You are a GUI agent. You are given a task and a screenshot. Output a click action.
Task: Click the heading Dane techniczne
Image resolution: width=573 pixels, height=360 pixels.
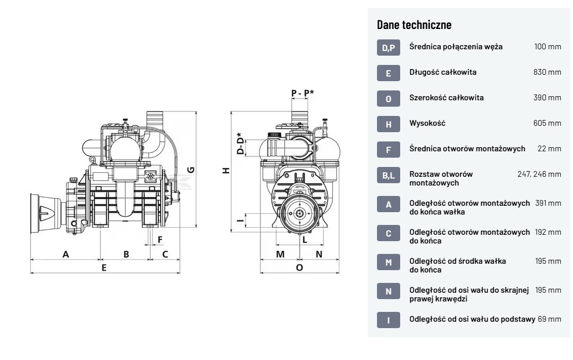(414, 25)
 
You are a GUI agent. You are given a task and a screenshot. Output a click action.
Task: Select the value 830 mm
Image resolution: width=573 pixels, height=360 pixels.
(547, 72)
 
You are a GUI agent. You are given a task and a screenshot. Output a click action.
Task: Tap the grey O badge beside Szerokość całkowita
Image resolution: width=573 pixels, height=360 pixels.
(388, 99)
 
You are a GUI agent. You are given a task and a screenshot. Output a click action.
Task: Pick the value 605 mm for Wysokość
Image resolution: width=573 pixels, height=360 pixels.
(547, 123)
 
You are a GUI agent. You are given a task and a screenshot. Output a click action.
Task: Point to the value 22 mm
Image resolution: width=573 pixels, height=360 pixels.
(549, 149)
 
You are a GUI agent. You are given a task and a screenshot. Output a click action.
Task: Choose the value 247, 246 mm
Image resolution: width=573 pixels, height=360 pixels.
(539, 174)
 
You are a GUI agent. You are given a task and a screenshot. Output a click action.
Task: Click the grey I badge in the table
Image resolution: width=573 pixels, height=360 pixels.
(388, 319)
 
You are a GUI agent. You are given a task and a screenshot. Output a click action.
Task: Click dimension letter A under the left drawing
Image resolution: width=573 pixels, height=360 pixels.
(66, 254)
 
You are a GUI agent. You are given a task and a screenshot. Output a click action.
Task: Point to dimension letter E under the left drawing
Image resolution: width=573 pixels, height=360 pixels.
(104, 268)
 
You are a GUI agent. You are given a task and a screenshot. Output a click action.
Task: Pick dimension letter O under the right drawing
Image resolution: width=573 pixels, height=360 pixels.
(299, 268)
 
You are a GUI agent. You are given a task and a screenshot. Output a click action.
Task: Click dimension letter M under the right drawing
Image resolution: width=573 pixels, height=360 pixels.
(280, 254)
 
